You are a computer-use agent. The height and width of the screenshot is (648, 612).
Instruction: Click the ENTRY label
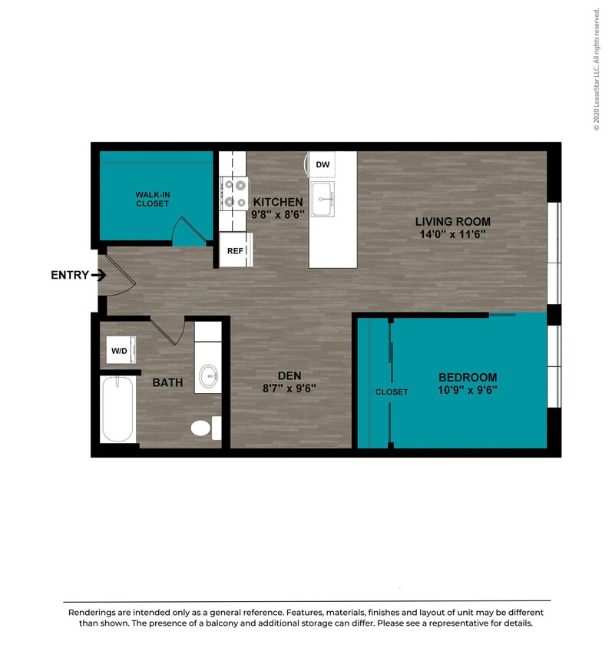tap(70, 276)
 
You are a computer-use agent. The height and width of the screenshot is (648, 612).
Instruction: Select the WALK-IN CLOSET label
tap(152, 200)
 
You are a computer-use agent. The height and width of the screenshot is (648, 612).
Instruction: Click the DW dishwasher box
tap(323, 164)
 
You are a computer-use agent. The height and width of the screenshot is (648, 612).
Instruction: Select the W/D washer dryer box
tap(120, 352)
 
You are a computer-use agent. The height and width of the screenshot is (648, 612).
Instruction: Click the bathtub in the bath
tap(117, 408)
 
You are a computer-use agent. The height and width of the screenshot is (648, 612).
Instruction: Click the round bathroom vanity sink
tap(207, 376)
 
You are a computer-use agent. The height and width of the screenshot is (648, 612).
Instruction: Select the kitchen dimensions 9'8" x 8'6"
tap(278, 215)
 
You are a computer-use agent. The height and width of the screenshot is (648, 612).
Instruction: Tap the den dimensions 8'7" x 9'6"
tap(289, 388)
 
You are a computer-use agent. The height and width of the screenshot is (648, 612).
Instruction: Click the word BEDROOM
tap(467, 377)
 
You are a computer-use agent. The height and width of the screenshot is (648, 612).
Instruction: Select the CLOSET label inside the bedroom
tap(392, 392)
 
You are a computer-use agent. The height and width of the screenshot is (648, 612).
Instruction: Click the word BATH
tap(167, 382)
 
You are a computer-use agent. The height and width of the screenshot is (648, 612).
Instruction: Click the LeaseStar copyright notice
tap(596, 69)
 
